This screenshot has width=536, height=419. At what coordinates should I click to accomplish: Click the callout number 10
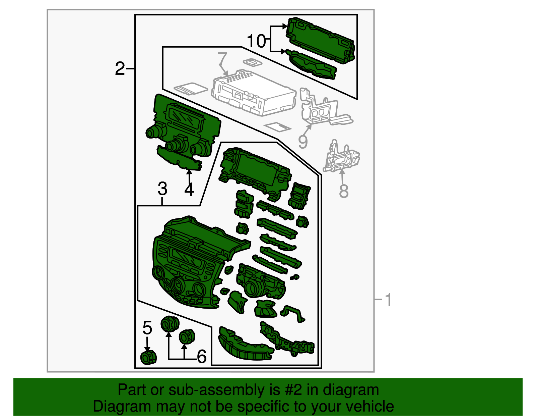[256, 41]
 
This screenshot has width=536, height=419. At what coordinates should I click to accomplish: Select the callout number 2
[120, 68]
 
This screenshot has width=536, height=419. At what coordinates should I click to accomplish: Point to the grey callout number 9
[303, 142]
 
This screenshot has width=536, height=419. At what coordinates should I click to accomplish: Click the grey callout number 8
[344, 191]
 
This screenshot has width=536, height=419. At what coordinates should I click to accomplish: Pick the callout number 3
[162, 189]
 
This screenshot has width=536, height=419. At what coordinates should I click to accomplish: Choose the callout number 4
[189, 190]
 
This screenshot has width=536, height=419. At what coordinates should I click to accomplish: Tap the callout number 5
[147, 327]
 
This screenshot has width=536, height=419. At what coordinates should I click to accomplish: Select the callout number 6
[202, 357]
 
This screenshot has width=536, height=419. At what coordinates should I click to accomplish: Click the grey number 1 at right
[388, 300]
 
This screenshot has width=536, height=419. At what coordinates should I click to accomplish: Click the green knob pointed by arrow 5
[148, 358]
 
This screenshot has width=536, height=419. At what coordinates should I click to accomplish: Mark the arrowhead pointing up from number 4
[189, 172]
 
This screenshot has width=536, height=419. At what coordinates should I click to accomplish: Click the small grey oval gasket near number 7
[253, 62]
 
